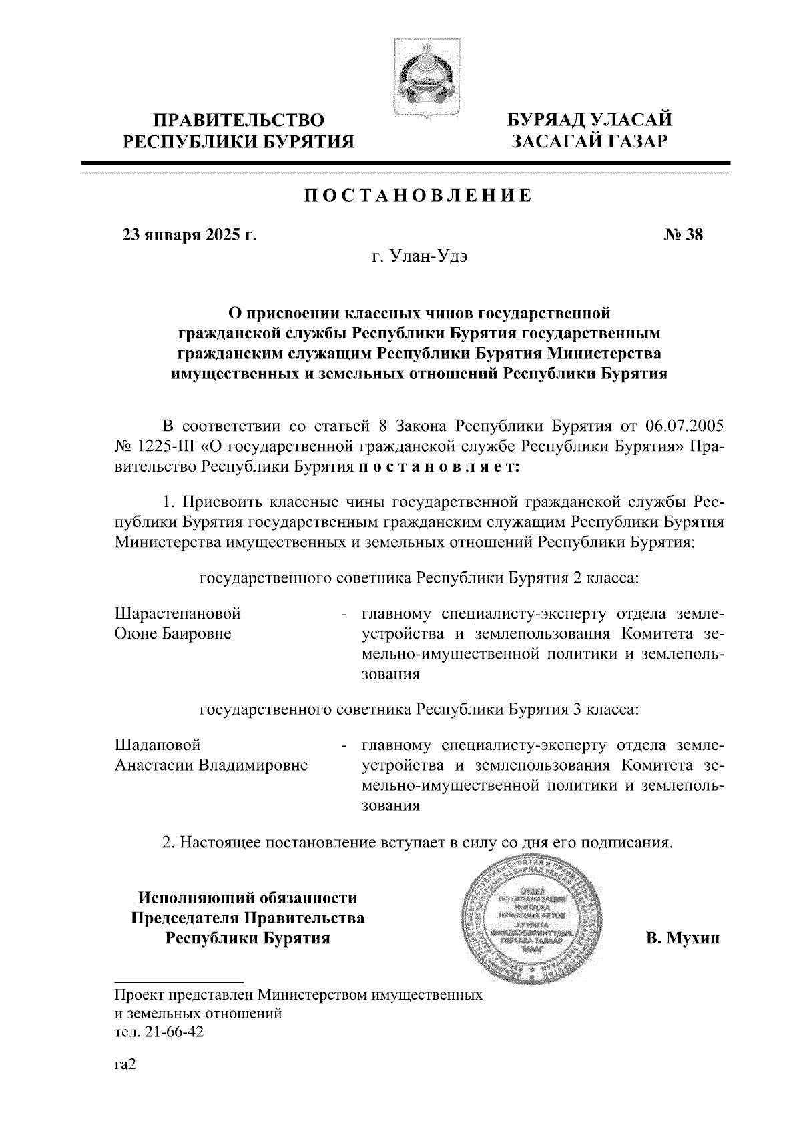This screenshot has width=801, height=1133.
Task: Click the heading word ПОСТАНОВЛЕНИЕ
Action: pyautogui.click(x=419, y=196)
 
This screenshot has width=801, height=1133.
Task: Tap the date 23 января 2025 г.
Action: pyautogui.click(x=189, y=235)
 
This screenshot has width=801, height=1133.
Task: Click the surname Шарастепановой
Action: pyautogui.click(x=178, y=613)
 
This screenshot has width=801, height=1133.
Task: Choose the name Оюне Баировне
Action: pyautogui.click(x=173, y=633)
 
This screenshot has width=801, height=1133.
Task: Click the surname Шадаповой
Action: pyautogui.click(x=158, y=744)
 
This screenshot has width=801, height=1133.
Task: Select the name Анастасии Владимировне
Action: pyautogui.click(x=211, y=765)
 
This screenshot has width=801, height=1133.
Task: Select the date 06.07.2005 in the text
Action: pyautogui.click(x=685, y=426)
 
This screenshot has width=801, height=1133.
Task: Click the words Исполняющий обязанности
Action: pyautogui.click(x=247, y=898)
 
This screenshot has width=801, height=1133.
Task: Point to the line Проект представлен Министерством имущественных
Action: pyautogui.click(x=298, y=996)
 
